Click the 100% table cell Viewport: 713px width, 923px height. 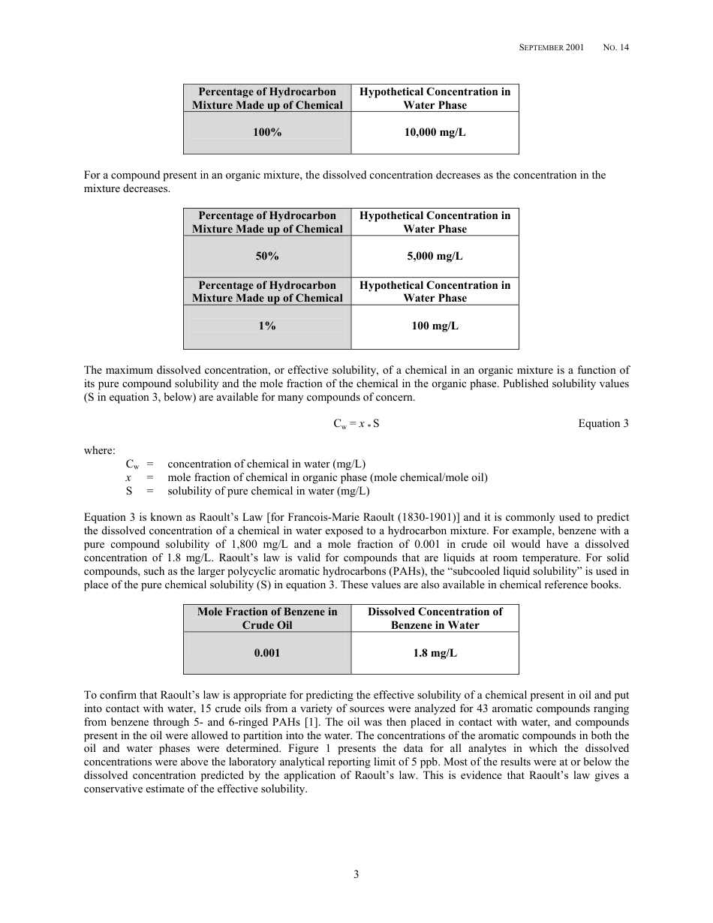click(267, 133)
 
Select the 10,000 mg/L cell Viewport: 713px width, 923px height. click(435, 133)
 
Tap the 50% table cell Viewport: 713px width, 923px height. click(267, 257)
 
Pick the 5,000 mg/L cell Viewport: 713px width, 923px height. click(435, 257)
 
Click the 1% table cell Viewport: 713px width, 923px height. click(267, 326)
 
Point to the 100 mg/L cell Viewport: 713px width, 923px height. click(435, 326)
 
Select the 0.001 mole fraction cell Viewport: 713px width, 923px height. click(267, 653)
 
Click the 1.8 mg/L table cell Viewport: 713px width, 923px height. click(435, 653)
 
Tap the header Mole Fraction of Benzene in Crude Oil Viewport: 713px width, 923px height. click(267, 618)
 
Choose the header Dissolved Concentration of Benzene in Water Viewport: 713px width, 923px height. click(435, 618)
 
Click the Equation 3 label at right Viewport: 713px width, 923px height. click(603, 424)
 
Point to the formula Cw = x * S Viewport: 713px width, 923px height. click(356, 424)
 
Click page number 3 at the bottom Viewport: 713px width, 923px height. click(356, 874)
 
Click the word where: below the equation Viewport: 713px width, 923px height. click(100, 450)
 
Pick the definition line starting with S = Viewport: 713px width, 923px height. click(248, 492)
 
